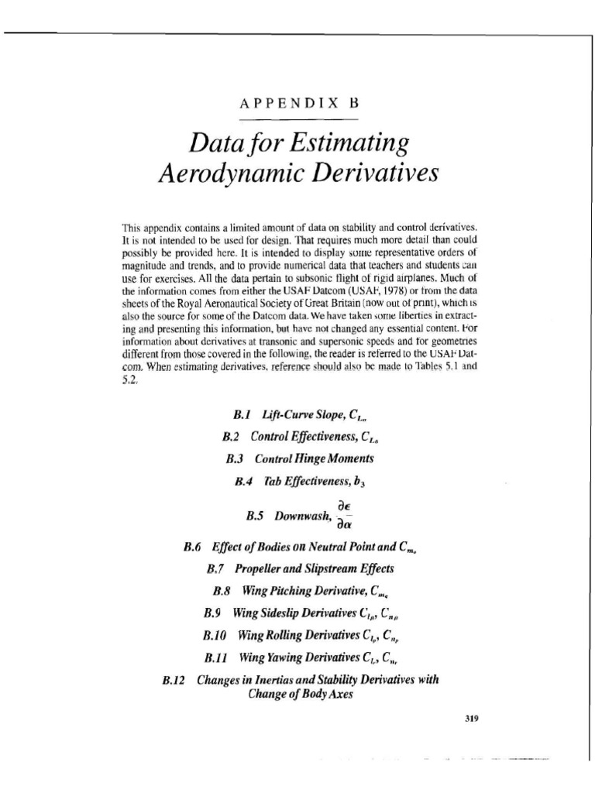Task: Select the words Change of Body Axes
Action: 297,694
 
